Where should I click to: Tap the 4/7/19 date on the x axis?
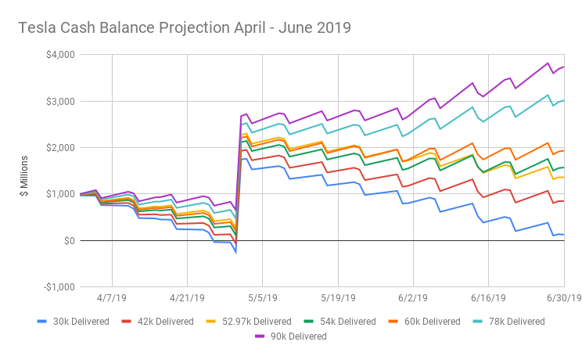(112, 298)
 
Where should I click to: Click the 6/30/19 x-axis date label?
(562, 298)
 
